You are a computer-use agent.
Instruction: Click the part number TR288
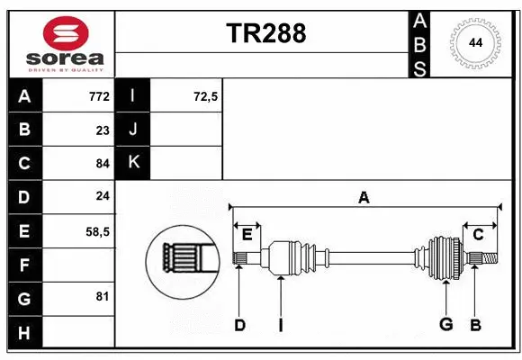pyautogui.click(x=265, y=33)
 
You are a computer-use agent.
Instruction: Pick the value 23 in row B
pyautogui.click(x=103, y=130)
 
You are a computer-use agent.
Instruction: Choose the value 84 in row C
pyautogui.click(x=102, y=164)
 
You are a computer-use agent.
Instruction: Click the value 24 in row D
pyautogui.click(x=102, y=196)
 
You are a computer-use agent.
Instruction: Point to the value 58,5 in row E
pyautogui.click(x=97, y=230)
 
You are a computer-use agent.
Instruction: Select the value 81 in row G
pyautogui.click(x=103, y=296)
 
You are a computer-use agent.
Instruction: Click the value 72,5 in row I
pyautogui.click(x=206, y=96)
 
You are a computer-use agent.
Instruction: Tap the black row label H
pyautogui.click(x=24, y=333)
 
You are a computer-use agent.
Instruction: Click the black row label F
pyautogui.click(x=24, y=265)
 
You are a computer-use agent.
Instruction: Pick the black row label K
pyautogui.click(x=133, y=163)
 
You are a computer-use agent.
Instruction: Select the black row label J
pyautogui.click(x=133, y=130)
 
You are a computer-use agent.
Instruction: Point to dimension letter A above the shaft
pyautogui.click(x=364, y=197)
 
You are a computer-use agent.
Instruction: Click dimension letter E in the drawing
pyautogui.click(x=247, y=235)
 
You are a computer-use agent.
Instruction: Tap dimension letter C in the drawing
pyautogui.click(x=478, y=235)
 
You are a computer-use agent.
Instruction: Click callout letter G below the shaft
pyautogui.click(x=445, y=325)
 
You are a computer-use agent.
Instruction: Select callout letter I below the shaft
pyautogui.click(x=280, y=325)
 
